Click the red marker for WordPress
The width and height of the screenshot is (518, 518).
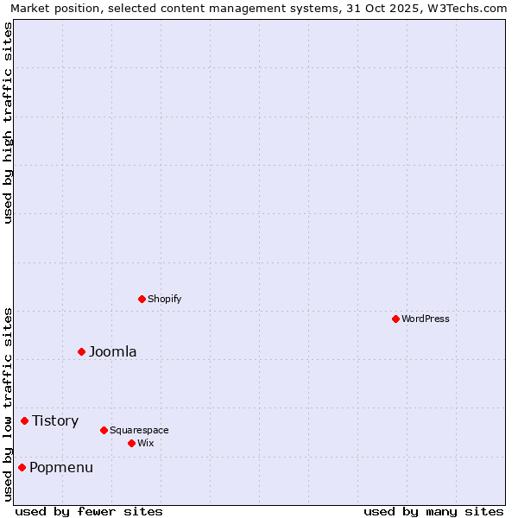[395, 319]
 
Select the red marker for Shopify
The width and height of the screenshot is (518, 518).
[142, 299]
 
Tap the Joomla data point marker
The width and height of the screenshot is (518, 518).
[81, 351]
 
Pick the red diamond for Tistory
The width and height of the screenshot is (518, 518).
[24, 420]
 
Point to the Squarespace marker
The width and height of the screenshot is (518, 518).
[104, 430]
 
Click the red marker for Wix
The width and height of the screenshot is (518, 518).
[131, 443]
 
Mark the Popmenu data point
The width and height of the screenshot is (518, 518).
[22, 467]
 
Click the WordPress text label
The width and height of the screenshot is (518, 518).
[426, 319]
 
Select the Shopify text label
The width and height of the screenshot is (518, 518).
[164, 299]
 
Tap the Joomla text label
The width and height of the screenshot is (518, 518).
[112, 351]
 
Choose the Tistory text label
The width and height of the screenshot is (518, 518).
[55, 420]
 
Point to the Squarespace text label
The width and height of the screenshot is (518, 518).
[139, 430]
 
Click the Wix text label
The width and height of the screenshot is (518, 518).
[145, 443]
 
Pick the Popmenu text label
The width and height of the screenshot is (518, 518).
[61, 467]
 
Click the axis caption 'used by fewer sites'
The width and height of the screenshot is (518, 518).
[89, 511]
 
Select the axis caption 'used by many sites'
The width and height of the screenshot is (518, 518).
[433, 511]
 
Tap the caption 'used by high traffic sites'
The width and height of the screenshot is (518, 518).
[8, 123]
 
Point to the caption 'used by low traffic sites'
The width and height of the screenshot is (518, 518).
[8, 404]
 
